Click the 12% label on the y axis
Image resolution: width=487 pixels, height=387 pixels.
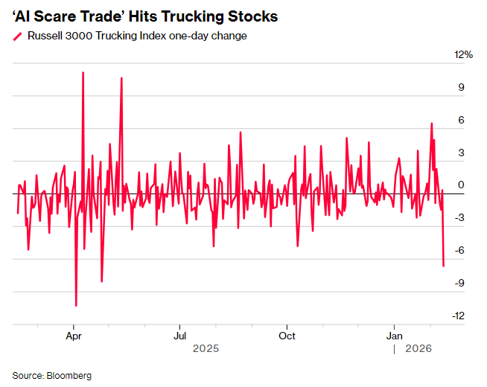(464, 55)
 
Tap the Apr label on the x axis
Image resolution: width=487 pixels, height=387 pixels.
(73, 336)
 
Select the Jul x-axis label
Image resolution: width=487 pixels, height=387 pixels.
(179, 336)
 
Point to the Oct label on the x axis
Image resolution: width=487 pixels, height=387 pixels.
(286, 336)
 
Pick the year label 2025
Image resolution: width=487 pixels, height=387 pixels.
(206, 348)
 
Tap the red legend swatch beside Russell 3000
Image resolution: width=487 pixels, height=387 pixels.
(17, 36)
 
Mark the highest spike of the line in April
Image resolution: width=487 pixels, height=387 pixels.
(83, 73)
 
